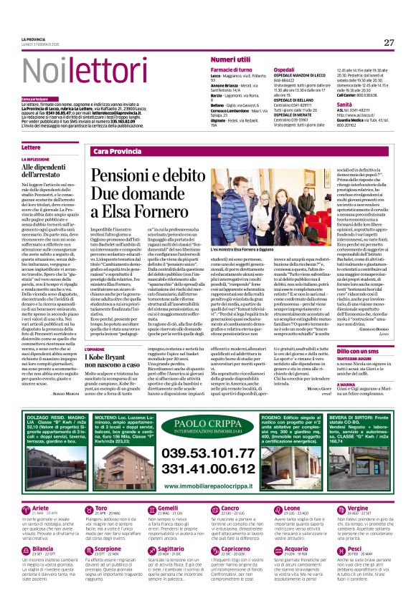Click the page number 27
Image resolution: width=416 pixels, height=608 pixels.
(389, 42)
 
